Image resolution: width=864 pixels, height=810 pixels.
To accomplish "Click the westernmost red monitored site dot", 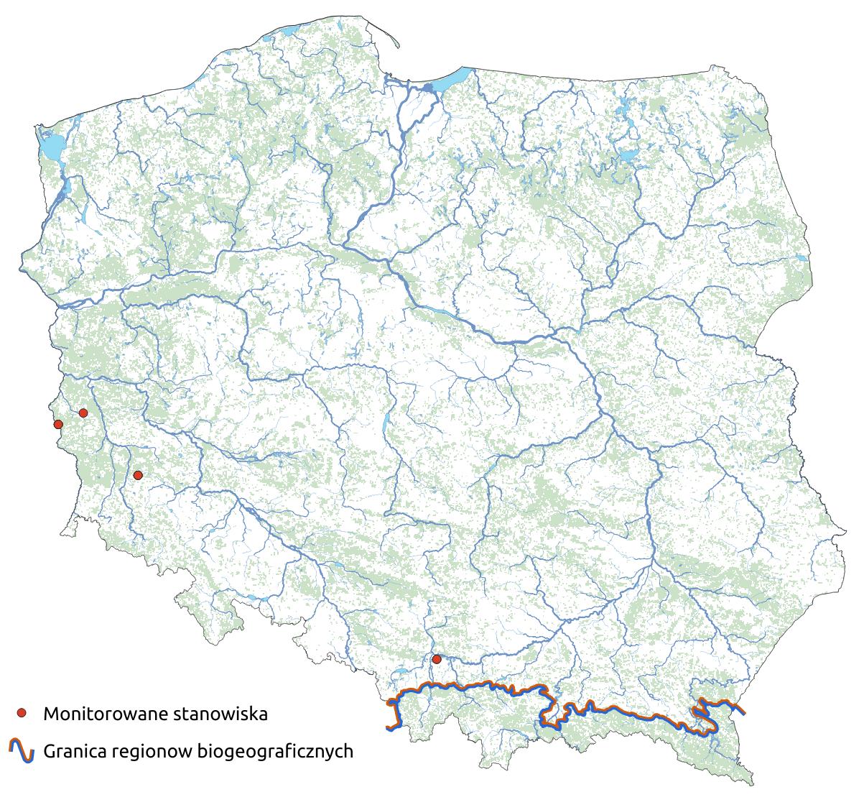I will point(58,424).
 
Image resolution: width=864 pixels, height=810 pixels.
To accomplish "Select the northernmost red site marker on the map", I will point(83,413).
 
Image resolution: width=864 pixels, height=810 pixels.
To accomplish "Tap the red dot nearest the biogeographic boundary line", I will point(436,659).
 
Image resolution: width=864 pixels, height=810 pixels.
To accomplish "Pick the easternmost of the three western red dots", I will point(138,475).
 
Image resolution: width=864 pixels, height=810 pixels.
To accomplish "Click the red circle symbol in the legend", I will point(22,713).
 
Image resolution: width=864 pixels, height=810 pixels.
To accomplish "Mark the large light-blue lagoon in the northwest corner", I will point(50,147).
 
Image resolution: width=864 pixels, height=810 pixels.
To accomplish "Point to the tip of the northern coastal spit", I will point(398,47).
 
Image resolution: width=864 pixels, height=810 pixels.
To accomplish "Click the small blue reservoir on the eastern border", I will point(796,456).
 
